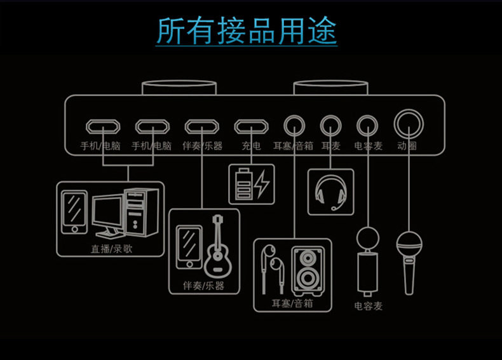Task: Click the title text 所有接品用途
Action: point(247,32)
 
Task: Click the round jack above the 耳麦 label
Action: point(330,123)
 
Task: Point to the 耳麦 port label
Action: point(331,146)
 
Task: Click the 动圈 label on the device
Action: point(407,146)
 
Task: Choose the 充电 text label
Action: point(250,146)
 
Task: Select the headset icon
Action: point(330,191)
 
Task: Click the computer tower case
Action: point(139,212)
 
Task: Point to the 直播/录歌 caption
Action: point(112,249)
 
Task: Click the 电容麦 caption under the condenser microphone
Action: point(369,307)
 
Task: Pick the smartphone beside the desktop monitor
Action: point(74,211)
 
